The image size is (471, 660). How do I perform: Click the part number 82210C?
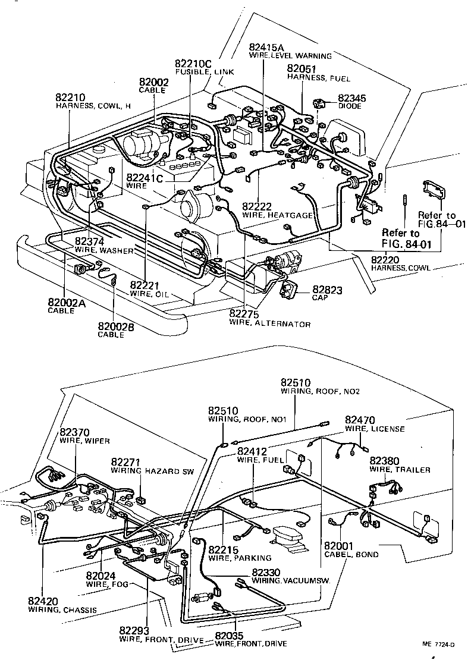[x=193, y=63]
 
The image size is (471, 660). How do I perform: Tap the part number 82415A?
[x=266, y=47]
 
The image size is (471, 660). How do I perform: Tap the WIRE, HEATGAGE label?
[x=277, y=215]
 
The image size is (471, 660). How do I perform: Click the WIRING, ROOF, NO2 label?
[x=321, y=392]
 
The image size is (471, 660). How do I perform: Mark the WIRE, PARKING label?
[x=240, y=558]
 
